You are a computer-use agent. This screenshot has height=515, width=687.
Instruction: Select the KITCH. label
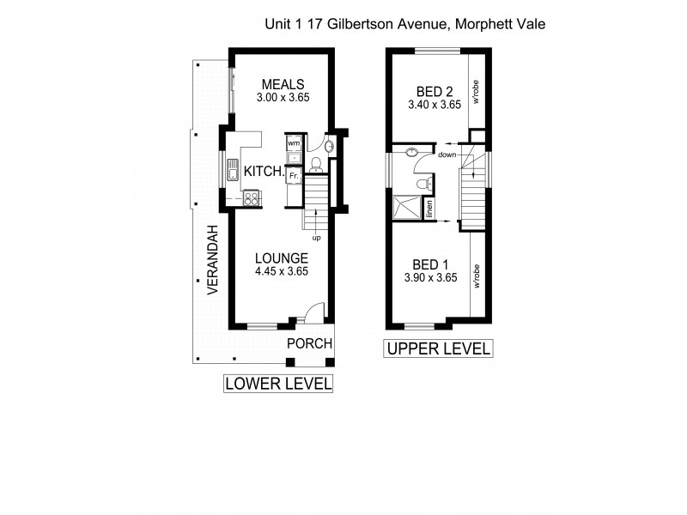pos(264,172)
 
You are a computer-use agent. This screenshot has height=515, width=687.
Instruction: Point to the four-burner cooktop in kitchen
pos(252,197)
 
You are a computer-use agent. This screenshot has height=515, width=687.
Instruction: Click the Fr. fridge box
pos(293,175)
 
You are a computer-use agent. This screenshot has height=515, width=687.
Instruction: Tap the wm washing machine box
pos(293,142)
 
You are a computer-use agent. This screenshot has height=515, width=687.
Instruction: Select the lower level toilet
pos(315,164)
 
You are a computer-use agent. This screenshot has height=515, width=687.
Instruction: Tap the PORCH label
pos(309,344)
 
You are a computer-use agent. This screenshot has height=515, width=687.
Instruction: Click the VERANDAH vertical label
pos(212,262)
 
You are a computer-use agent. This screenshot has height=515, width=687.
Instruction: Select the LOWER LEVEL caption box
pos(278,384)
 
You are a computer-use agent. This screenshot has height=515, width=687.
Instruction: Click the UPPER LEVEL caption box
pos(439,348)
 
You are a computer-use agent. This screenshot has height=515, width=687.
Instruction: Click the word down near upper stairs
pos(447,155)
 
